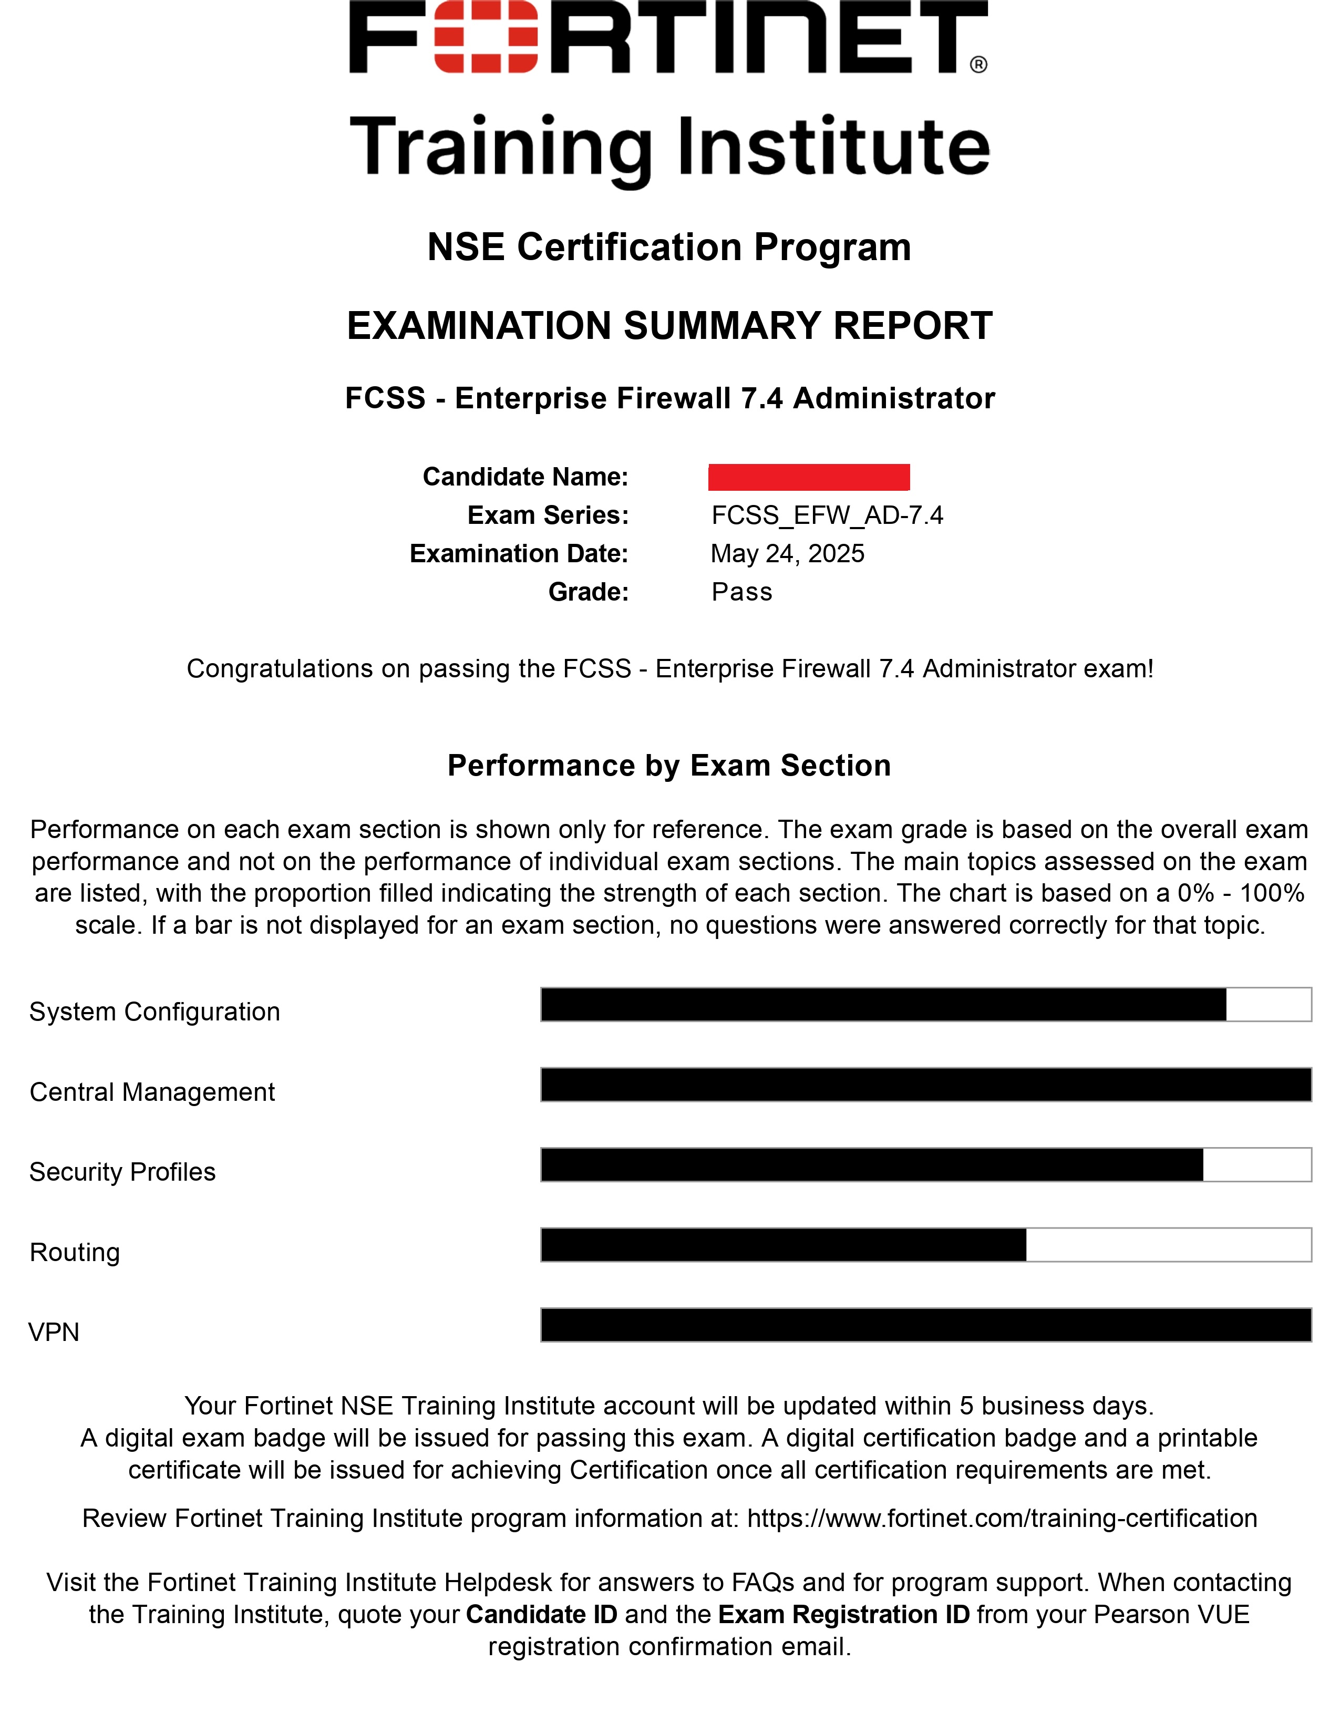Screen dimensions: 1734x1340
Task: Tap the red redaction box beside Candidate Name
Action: click(x=808, y=477)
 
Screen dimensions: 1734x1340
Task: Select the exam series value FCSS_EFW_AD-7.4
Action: click(x=827, y=515)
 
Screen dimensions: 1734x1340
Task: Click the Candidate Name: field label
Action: click(x=525, y=477)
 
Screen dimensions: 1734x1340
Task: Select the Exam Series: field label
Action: click(x=548, y=515)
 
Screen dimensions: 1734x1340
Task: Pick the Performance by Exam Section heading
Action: click(x=669, y=766)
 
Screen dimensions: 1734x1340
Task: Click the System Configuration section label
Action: click(x=155, y=1012)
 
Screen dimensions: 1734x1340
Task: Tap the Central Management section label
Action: click(x=152, y=1092)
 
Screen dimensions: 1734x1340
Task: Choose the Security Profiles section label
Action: click(x=122, y=1172)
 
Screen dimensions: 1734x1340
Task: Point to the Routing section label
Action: click(x=75, y=1252)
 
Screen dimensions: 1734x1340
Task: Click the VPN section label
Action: click(x=54, y=1332)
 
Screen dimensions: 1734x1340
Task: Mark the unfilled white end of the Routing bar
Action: click(x=1168, y=1244)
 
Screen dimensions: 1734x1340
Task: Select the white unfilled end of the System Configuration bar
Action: click(x=1268, y=1004)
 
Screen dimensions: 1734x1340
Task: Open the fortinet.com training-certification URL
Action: click(x=1002, y=1518)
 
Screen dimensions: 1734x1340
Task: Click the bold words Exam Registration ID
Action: click(x=843, y=1614)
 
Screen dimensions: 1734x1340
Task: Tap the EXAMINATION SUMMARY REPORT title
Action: click(x=669, y=326)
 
